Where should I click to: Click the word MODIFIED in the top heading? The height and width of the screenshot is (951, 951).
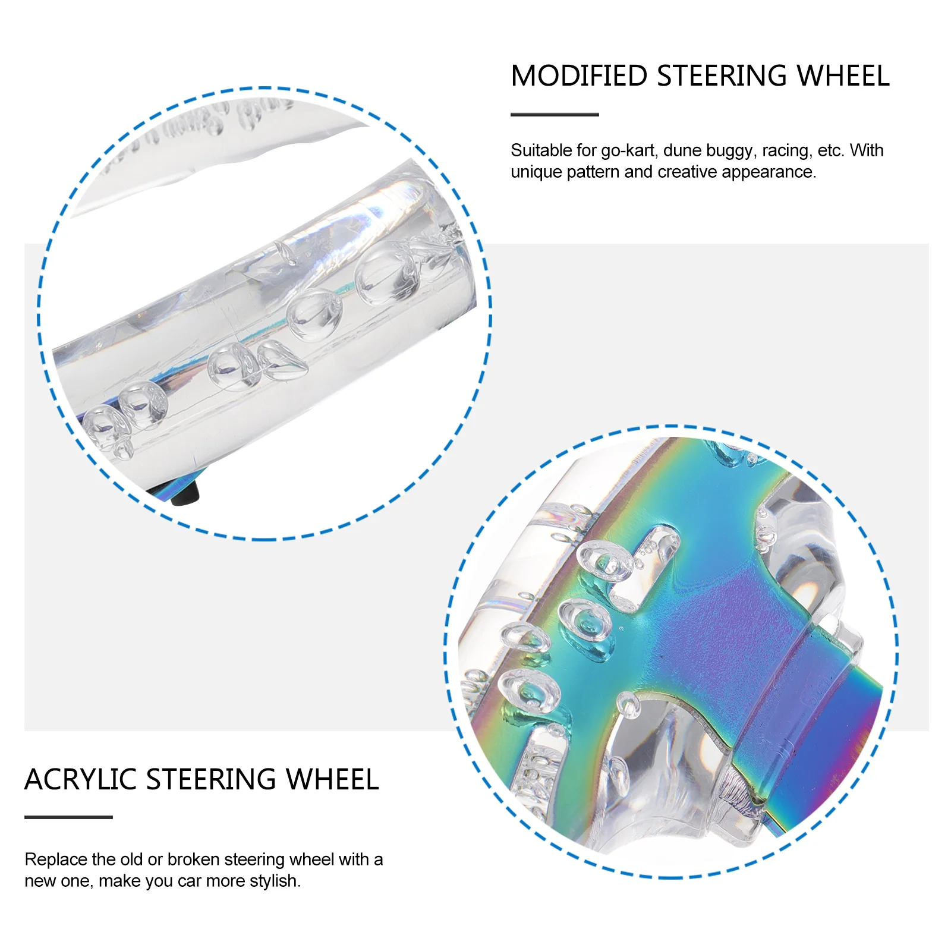coord(579,76)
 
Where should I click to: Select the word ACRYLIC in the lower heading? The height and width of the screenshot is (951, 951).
coord(81,779)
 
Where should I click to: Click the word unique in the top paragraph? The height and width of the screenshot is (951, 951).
coord(536,172)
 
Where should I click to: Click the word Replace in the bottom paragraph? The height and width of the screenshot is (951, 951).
coord(55,859)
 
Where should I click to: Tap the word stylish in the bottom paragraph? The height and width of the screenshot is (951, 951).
coord(275,881)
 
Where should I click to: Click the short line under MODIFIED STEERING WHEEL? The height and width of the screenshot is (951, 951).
coord(555,115)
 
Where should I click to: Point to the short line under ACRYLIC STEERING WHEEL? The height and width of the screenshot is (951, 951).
coord(68,817)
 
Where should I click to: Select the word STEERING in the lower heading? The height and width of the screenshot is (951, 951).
coord(212,779)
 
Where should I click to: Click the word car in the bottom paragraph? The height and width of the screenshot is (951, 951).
coord(190,881)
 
